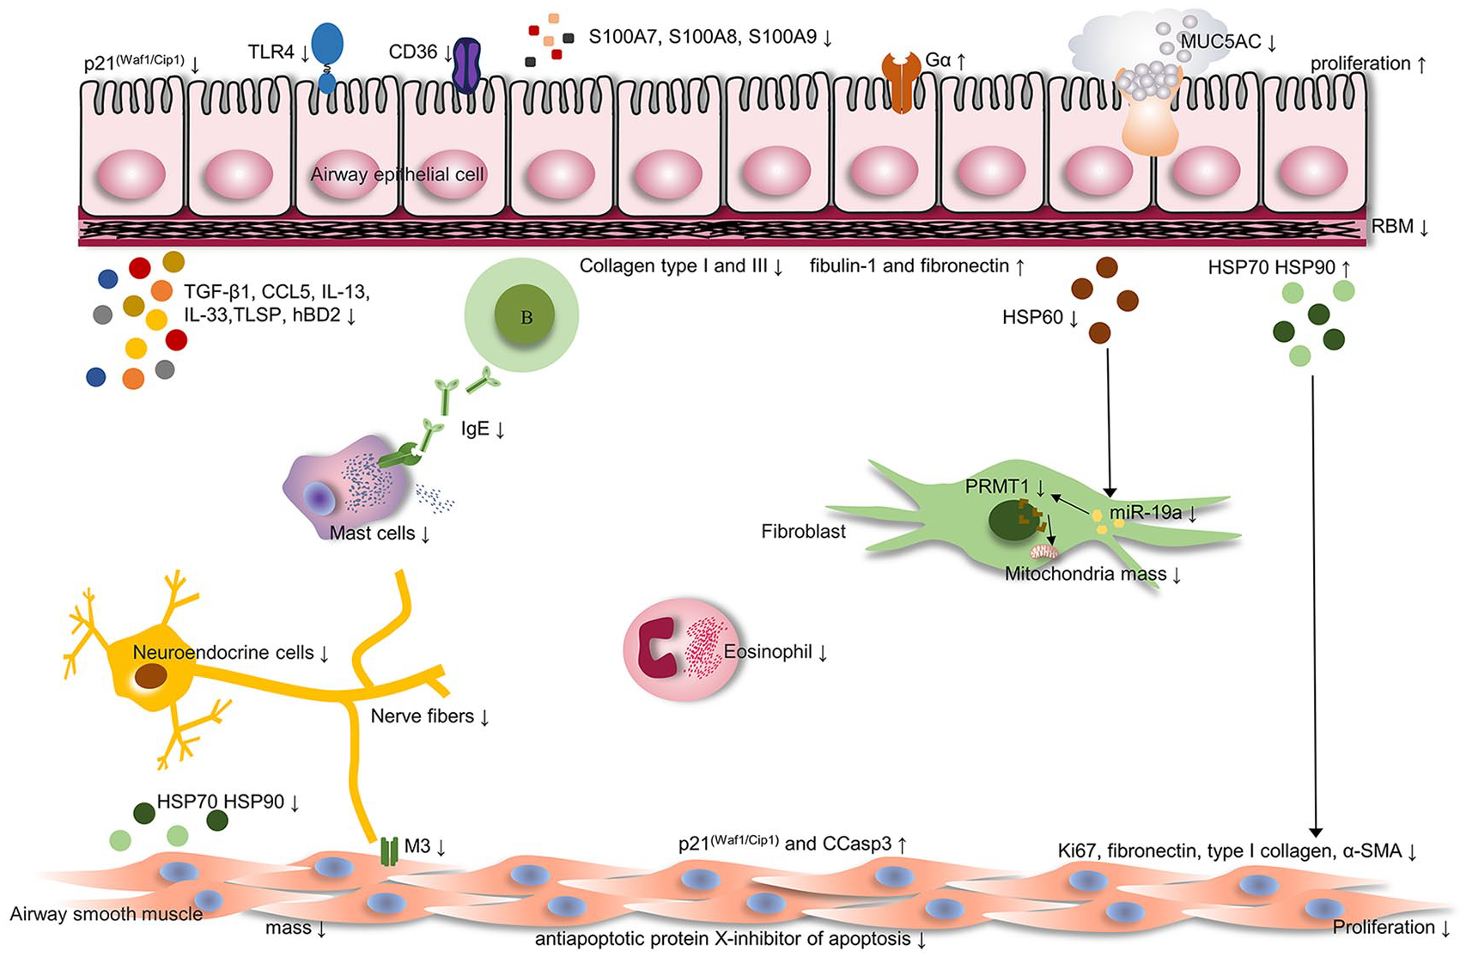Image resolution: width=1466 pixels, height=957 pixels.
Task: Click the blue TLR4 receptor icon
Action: click(327, 58)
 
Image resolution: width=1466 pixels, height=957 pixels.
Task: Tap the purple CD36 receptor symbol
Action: click(466, 64)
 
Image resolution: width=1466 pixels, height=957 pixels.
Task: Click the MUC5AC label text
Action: click(1220, 41)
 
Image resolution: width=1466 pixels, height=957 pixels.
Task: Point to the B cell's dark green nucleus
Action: click(524, 315)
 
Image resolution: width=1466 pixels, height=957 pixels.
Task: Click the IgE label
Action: click(475, 429)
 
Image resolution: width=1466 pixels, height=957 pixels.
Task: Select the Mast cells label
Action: click(372, 533)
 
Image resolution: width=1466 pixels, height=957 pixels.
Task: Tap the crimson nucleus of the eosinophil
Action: click(659, 647)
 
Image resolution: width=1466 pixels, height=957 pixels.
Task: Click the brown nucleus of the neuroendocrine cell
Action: click(150, 676)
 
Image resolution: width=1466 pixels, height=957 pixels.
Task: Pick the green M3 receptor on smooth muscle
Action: click(389, 851)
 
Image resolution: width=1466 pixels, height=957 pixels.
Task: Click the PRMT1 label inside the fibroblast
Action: click(997, 486)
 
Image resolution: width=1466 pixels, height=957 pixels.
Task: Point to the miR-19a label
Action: click(1146, 512)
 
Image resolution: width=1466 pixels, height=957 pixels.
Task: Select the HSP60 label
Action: click(1033, 318)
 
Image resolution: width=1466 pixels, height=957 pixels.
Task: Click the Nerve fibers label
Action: click(423, 716)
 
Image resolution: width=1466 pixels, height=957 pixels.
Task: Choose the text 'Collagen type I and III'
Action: click(673, 265)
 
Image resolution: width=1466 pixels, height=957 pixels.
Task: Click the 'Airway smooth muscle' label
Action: click(106, 914)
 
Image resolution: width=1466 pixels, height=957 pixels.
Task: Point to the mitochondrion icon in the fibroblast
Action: click(1043, 552)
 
